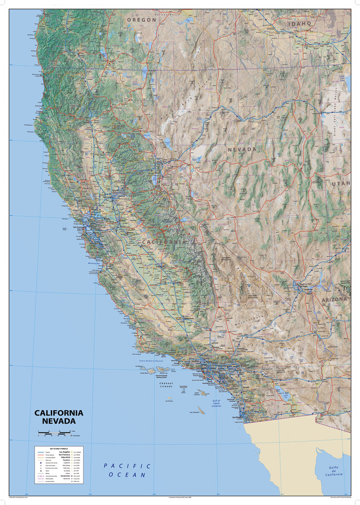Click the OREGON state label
[142, 20]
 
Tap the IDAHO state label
[300, 23]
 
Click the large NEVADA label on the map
[242, 149]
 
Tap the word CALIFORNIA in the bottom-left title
[59, 413]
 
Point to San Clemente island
[201, 410]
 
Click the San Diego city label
[237, 418]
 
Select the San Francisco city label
[79, 227]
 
